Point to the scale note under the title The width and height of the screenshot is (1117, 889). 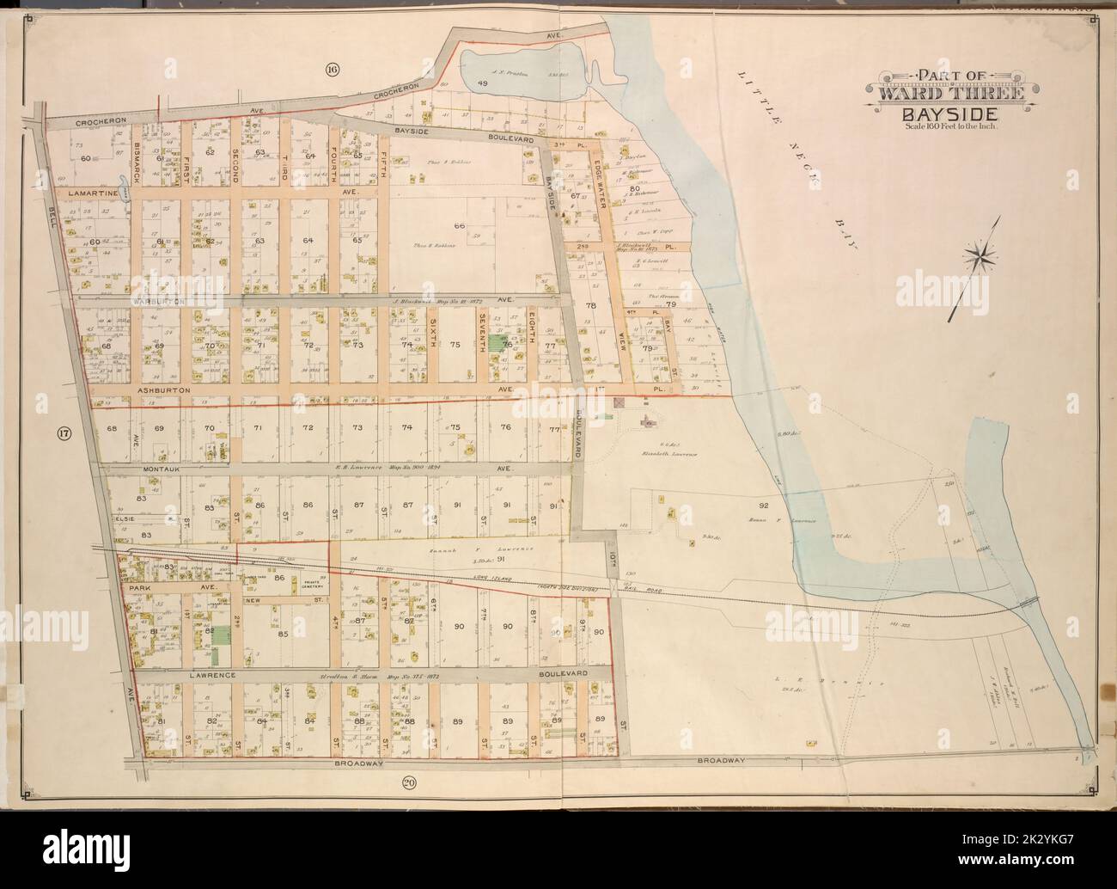(949, 128)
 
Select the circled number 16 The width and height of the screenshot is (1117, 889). (331, 69)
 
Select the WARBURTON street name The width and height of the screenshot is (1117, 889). (156, 302)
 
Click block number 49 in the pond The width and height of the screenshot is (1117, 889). (482, 84)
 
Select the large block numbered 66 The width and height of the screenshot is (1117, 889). (459, 225)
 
